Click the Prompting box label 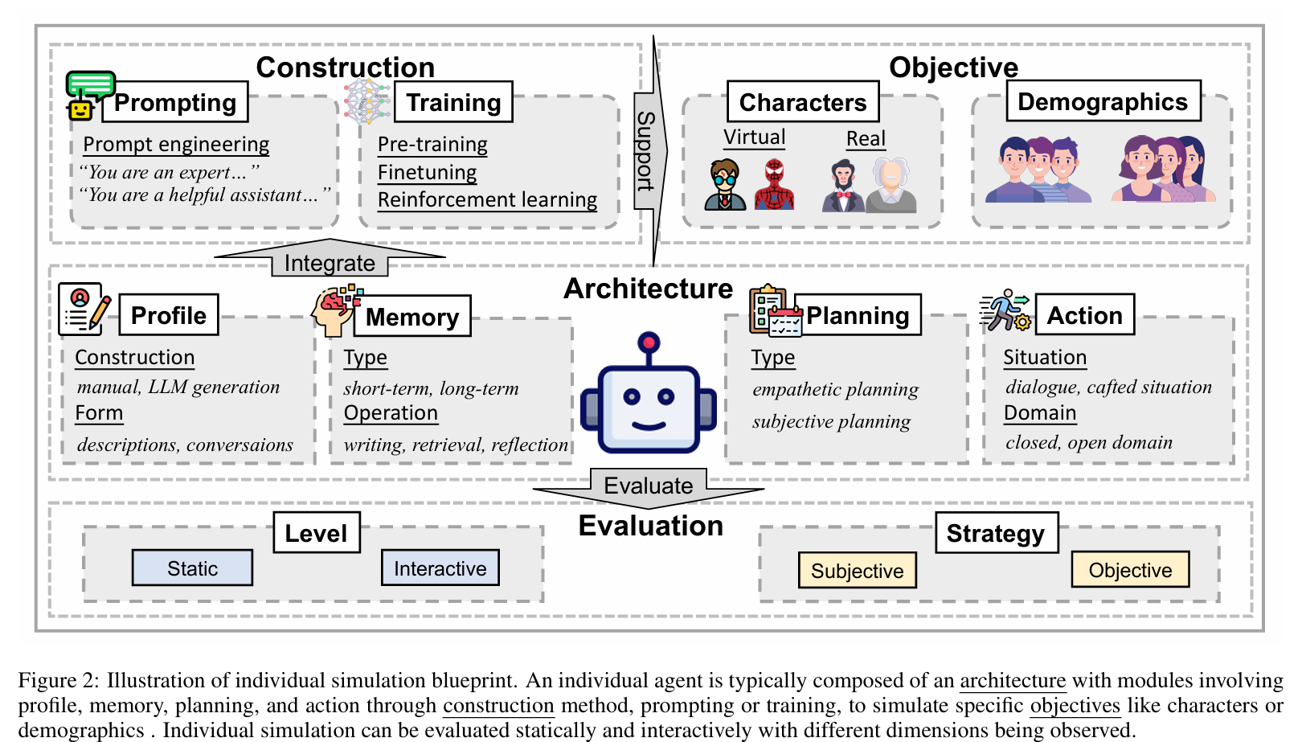175,102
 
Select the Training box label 453,102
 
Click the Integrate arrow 330,260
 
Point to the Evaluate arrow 648,486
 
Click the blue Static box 192,568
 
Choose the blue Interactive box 440,568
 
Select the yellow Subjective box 857,571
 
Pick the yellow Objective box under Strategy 1130,570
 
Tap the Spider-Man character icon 774,185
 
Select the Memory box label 412,317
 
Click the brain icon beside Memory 336,310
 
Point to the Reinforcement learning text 487,199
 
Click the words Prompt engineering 176,144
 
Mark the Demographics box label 1103,101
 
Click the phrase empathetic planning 835,389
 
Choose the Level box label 316,533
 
